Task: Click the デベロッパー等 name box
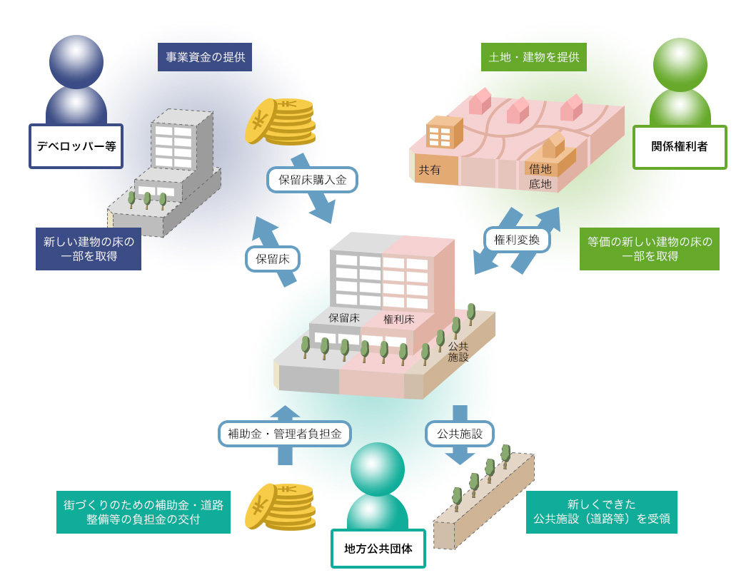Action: [76, 146]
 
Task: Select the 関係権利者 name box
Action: [680, 147]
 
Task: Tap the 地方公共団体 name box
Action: [378, 549]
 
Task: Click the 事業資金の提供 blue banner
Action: [205, 57]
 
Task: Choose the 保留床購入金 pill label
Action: [312, 180]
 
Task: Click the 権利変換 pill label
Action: [517, 240]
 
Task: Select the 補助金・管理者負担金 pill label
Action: [285, 433]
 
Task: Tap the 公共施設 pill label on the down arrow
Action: [460, 433]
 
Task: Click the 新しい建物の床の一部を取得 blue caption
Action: [89, 249]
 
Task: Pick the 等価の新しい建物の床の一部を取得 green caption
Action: [649, 249]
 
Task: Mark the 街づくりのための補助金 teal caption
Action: [143, 512]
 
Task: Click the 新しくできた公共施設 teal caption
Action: [601, 512]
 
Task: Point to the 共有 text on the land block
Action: [429, 170]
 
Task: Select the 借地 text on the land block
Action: [540, 169]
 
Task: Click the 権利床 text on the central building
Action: [399, 319]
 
